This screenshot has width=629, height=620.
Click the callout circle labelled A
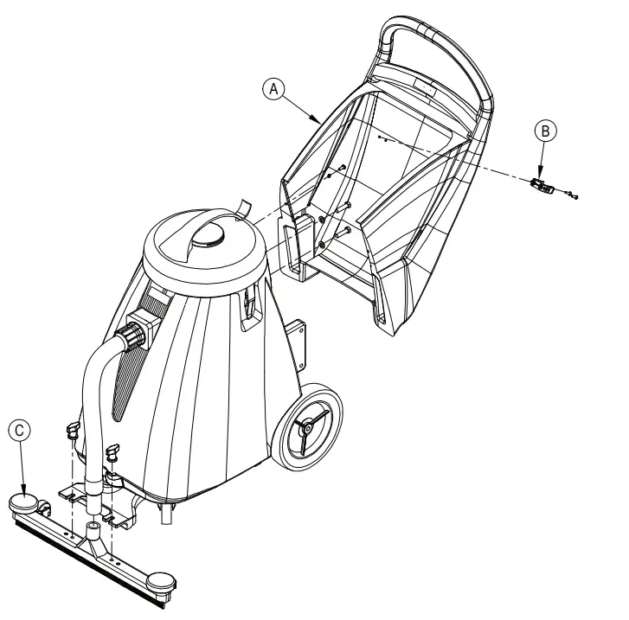point(273,87)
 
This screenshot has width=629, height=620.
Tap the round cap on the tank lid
point(211,234)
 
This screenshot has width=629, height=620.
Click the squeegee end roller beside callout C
point(23,502)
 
